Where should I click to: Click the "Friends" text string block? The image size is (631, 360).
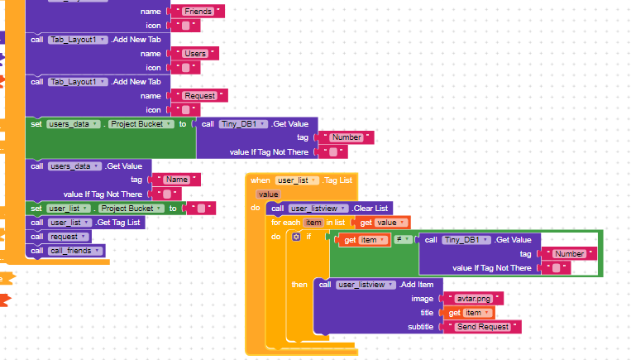pyautogui.click(x=197, y=12)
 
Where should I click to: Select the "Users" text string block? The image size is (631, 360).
pyautogui.click(x=195, y=54)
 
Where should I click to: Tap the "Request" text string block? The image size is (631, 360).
pyautogui.click(x=199, y=96)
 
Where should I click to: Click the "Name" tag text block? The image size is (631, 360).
pyautogui.click(x=176, y=180)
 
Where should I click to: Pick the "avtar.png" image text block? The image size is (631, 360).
pyautogui.click(x=473, y=299)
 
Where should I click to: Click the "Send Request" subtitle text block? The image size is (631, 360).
pyautogui.click(x=482, y=327)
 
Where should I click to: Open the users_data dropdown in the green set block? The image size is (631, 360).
pyautogui.click(x=74, y=124)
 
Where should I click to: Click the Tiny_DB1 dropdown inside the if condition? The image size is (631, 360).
pyautogui.click(x=466, y=240)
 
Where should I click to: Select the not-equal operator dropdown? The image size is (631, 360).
pyautogui.click(x=403, y=240)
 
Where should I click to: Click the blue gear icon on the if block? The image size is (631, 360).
pyautogui.click(x=296, y=237)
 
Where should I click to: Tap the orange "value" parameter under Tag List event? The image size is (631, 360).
pyautogui.click(x=269, y=194)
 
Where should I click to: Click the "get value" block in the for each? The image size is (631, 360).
pyautogui.click(x=383, y=223)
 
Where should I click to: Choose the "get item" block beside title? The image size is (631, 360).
pyautogui.click(x=469, y=313)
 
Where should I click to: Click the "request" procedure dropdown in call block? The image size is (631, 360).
pyautogui.click(x=68, y=237)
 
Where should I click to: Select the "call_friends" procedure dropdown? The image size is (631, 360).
pyautogui.click(x=75, y=251)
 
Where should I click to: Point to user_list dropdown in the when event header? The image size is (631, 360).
pyautogui.click(x=297, y=180)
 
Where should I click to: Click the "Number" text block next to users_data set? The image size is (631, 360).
pyautogui.click(x=347, y=137)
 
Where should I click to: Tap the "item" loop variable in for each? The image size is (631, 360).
pyautogui.click(x=313, y=223)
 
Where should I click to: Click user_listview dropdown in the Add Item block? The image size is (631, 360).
pyautogui.click(x=366, y=285)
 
